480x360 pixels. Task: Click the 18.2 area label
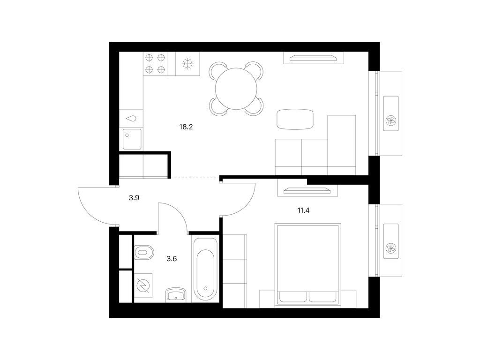click(186, 127)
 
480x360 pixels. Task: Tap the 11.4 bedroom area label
click(303, 210)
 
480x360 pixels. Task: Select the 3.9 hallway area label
click(134, 198)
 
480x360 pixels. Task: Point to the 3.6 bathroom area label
click(172, 259)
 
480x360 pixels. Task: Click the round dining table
click(236, 89)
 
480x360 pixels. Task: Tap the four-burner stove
click(155, 64)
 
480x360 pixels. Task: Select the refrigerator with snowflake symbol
click(187, 64)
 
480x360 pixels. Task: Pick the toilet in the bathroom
click(143, 252)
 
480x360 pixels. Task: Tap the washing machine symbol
click(143, 286)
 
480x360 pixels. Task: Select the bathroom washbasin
click(176, 295)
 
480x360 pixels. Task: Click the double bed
click(308, 264)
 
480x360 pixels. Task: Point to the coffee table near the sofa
click(295, 119)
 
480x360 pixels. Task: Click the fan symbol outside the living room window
click(391, 120)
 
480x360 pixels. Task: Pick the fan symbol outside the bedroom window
click(391, 248)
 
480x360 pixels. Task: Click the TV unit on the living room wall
click(314, 58)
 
